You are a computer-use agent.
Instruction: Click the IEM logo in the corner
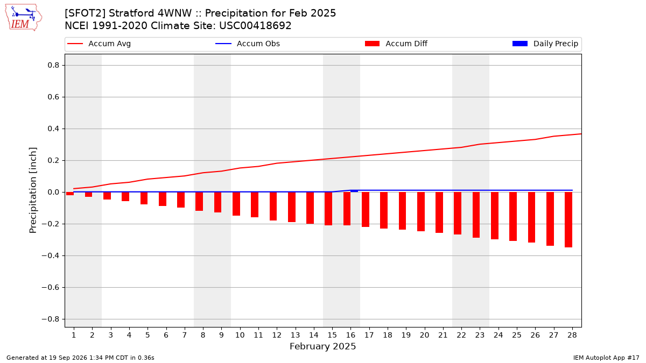pyautogui.click(x=24, y=18)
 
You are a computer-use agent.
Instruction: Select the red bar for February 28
pyautogui.click(x=568, y=219)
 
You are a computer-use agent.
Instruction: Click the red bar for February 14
pyautogui.click(x=310, y=208)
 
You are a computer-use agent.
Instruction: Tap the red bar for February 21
pyautogui.click(x=439, y=212)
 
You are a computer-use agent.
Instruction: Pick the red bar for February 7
pyautogui.click(x=181, y=200)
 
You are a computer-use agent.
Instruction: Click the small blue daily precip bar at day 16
pyautogui.click(x=354, y=191)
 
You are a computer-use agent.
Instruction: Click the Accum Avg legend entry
pyautogui.click(x=99, y=44)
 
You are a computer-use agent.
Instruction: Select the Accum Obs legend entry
pyautogui.click(x=248, y=44)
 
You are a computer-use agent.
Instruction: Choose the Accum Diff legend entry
pyautogui.click(x=396, y=44)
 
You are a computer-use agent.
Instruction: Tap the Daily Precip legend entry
pyautogui.click(x=545, y=44)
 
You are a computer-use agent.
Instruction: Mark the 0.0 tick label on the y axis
pyautogui.click(x=53, y=192)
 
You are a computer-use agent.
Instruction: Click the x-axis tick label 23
pyautogui.click(x=480, y=336)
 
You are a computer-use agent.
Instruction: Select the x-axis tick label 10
pyautogui.click(x=240, y=336)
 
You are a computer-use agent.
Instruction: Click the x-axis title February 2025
pyautogui.click(x=323, y=346)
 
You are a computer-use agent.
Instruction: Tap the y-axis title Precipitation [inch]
pyautogui.click(x=33, y=190)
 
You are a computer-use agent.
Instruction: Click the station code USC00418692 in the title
pyautogui.click(x=255, y=26)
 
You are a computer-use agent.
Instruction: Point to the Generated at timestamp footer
pyautogui.click(x=80, y=358)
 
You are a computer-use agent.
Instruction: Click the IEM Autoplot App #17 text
pyautogui.click(x=606, y=358)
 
